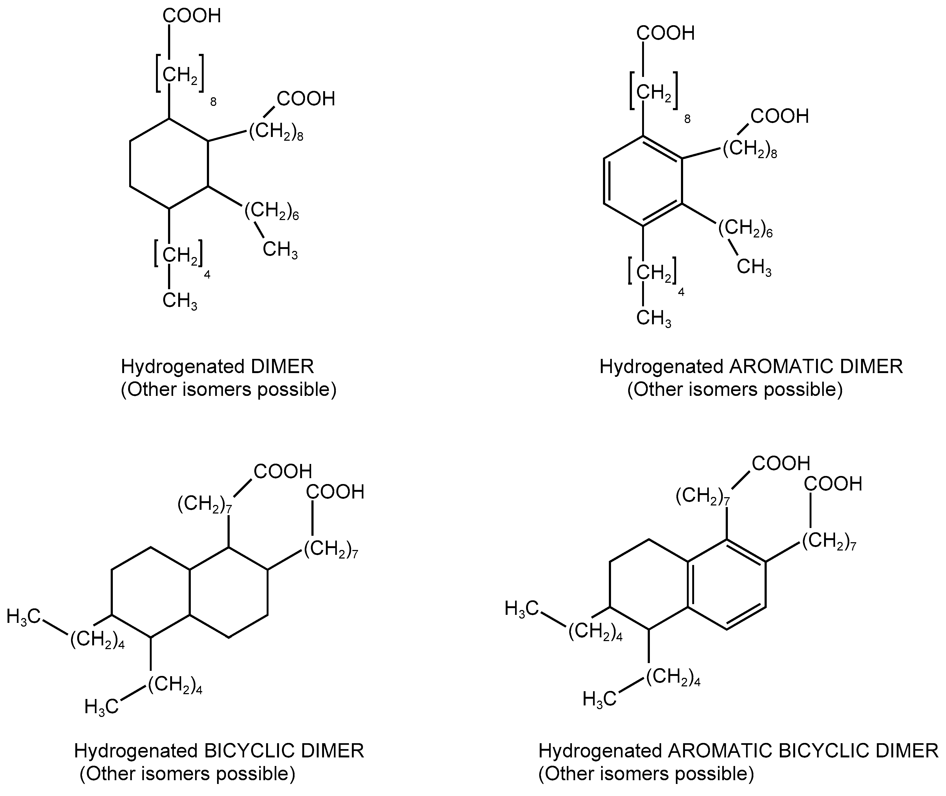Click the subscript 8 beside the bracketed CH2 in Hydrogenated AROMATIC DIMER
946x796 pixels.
[x=687, y=119]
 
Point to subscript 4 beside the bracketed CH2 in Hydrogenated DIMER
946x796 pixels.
[x=207, y=274]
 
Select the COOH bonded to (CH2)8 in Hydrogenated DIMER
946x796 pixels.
[x=306, y=99]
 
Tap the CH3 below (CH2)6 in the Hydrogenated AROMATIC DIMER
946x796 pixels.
[x=754, y=267]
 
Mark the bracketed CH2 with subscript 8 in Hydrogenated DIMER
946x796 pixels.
[x=180, y=75]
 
